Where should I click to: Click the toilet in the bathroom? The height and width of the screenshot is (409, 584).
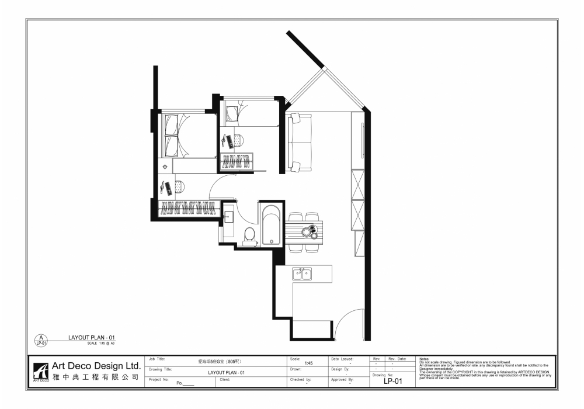point(249,235)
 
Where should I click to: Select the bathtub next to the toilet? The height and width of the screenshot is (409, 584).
point(270,224)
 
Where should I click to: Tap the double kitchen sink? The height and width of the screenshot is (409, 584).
point(302,273)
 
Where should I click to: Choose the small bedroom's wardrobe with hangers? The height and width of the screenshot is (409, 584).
point(237,161)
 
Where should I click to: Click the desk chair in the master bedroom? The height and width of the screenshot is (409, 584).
point(179,186)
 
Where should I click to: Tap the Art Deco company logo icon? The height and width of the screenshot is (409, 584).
point(41,371)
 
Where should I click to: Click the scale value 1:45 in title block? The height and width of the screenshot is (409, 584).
point(309,363)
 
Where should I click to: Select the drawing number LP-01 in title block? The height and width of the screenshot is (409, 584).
point(393,381)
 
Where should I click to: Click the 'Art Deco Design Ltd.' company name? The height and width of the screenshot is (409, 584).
point(97,365)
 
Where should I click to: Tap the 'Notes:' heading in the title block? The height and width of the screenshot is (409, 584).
point(425,358)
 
